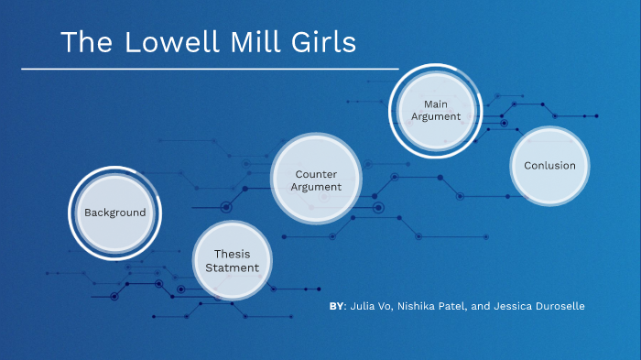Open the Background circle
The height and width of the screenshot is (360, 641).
[114, 213]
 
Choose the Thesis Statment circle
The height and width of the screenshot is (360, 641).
[232, 261]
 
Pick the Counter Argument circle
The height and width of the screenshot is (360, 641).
[316, 180]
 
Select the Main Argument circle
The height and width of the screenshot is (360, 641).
[435, 111]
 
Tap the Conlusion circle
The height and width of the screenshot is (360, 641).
[549, 166]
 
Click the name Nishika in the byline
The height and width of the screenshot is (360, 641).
[419, 306]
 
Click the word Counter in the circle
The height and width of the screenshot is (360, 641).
[316, 173]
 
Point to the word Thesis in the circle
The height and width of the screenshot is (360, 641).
[232, 254]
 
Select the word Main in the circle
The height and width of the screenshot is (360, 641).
[435, 104]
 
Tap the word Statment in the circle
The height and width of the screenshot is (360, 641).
[232, 268]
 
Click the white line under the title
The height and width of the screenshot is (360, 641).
[210, 69]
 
